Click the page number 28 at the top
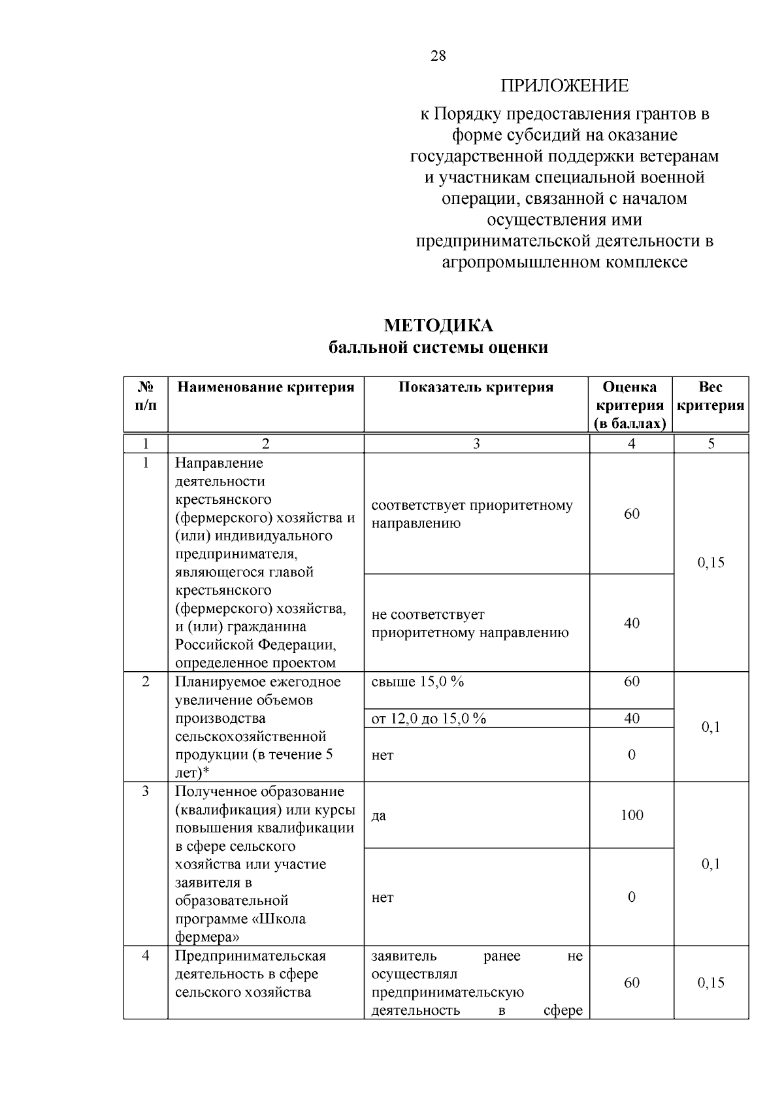click(x=438, y=56)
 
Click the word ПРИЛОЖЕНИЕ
click(x=564, y=86)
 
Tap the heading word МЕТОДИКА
click(x=438, y=325)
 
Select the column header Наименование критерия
click(x=266, y=388)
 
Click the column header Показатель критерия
click(x=476, y=388)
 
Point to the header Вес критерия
click(x=711, y=396)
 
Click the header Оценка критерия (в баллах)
click(x=630, y=405)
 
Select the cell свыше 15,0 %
click(x=417, y=682)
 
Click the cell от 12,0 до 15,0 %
click(x=429, y=719)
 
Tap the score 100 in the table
click(x=632, y=815)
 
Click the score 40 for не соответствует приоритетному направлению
click(x=632, y=623)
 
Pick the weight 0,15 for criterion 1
click(x=711, y=563)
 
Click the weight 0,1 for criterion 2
click(x=711, y=727)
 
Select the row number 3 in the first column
click(x=146, y=791)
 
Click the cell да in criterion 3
click(x=378, y=816)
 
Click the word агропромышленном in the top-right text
click(x=516, y=262)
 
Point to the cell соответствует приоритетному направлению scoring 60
click(x=472, y=514)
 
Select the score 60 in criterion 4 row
click(x=632, y=983)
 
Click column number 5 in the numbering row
click(x=711, y=444)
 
